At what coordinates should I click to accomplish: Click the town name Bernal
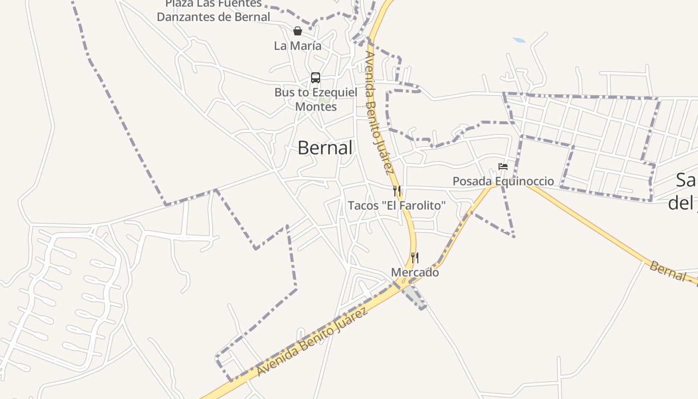325,148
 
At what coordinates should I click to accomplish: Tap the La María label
298,46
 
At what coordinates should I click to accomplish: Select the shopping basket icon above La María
298,31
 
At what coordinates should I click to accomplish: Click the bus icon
316,78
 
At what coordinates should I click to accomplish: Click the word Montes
316,107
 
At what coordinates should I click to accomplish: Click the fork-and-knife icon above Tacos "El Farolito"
397,191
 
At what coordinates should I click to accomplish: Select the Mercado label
415,273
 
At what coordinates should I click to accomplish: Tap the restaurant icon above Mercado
414,258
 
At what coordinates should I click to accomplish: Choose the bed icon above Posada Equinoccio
503,167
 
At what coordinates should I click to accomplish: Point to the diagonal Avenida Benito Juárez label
313,342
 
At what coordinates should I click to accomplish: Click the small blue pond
519,40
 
